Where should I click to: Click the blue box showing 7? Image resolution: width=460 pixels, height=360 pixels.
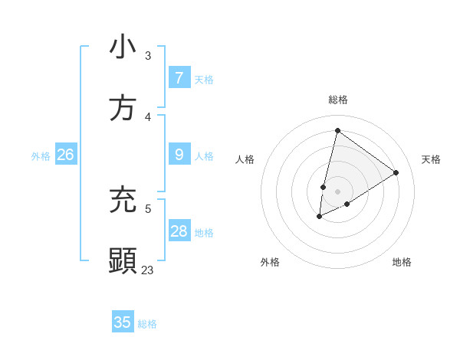(x=179, y=77)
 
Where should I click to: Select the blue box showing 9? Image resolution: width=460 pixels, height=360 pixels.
(x=179, y=155)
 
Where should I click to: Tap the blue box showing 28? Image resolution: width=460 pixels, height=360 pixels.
(x=179, y=231)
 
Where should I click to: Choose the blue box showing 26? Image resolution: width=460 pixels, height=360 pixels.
(x=65, y=155)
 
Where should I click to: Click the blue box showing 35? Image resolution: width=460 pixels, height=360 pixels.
(x=123, y=322)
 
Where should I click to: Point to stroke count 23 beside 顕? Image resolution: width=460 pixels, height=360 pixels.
(x=147, y=270)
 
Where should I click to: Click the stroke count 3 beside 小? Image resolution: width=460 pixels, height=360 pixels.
(x=148, y=55)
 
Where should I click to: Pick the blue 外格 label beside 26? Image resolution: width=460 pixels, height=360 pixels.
(x=41, y=156)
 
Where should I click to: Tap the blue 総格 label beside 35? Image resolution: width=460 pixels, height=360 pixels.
(x=147, y=324)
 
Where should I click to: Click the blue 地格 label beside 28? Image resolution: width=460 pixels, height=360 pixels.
(x=204, y=233)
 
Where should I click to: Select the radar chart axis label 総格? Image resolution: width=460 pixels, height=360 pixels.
(x=338, y=100)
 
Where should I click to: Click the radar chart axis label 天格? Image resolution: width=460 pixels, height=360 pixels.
(x=431, y=159)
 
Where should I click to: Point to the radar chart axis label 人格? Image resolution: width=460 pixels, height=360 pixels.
(x=245, y=159)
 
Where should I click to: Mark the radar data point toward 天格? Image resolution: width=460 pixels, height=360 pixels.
(x=396, y=172)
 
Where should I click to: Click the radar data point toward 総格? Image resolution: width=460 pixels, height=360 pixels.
(x=337, y=130)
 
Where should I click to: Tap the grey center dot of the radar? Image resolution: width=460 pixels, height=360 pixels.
(x=337, y=191)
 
